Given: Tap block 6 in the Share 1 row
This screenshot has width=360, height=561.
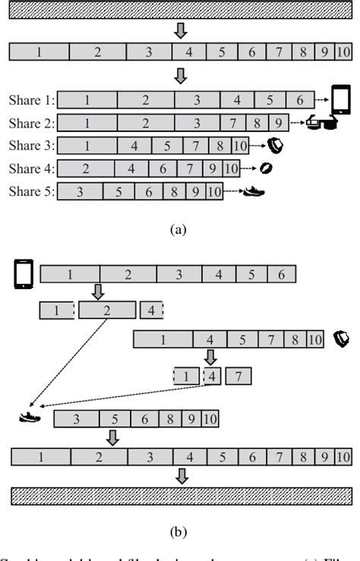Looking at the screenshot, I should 300,99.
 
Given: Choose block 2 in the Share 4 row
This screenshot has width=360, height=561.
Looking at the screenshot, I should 85,169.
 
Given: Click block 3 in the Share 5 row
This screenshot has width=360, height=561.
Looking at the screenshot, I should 80,192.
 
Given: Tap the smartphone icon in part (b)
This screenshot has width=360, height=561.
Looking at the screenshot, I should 22,273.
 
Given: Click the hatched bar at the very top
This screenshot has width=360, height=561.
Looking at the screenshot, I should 180,11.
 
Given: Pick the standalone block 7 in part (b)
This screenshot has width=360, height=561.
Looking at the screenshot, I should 238,376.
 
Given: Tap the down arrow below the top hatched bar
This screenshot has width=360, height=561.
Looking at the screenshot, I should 180,31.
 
